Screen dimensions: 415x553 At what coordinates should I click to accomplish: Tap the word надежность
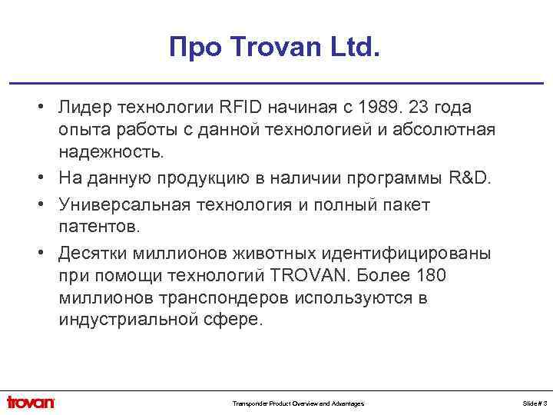click(111, 152)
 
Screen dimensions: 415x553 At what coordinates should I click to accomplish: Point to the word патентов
click(98, 228)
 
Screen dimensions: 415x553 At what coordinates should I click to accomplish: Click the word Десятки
click(92, 254)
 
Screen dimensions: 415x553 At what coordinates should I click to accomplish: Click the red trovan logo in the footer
click(31, 402)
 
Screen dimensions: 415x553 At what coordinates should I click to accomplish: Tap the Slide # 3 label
click(535, 403)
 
